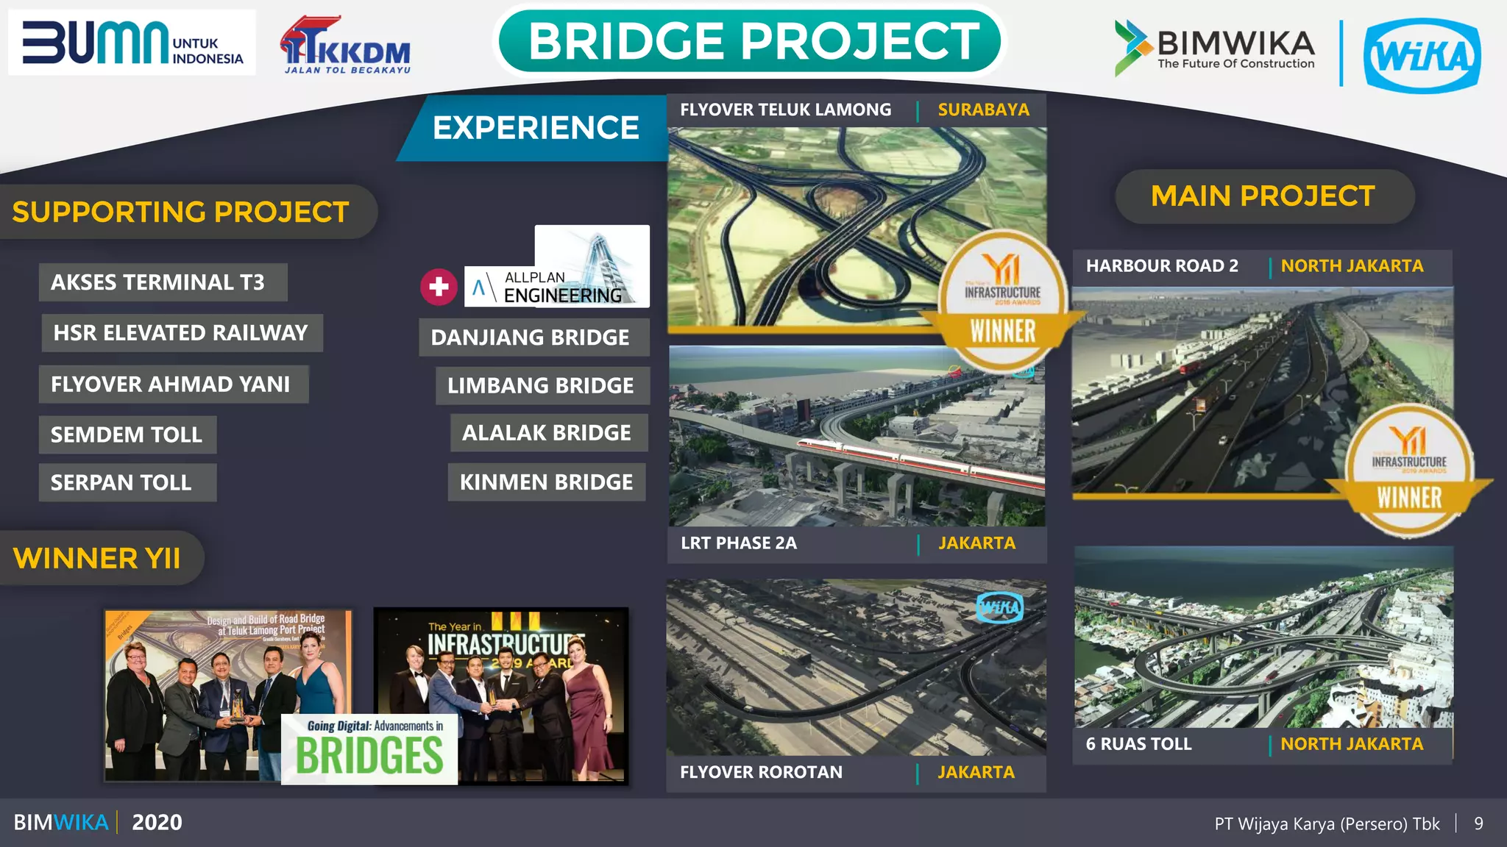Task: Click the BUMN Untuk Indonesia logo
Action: (x=132, y=43)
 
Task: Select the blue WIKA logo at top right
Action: (x=1422, y=56)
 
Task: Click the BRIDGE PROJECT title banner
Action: (x=752, y=41)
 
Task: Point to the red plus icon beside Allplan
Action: (x=439, y=287)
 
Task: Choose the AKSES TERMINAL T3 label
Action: (x=157, y=282)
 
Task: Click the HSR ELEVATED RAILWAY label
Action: (x=180, y=333)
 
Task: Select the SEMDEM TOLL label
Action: (x=127, y=435)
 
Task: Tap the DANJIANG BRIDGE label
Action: (x=530, y=337)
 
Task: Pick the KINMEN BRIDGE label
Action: (x=546, y=482)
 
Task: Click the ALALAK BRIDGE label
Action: (x=547, y=433)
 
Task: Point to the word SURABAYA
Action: (x=983, y=110)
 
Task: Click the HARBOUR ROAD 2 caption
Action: (x=1162, y=266)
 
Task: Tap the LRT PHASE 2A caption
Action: (x=739, y=543)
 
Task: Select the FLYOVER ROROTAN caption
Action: (x=761, y=772)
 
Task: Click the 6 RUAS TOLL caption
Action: (x=1138, y=744)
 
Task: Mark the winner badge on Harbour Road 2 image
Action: (x=1408, y=471)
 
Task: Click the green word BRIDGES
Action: (x=369, y=756)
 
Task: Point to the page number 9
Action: (x=1478, y=823)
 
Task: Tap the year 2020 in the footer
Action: (x=157, y=822)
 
